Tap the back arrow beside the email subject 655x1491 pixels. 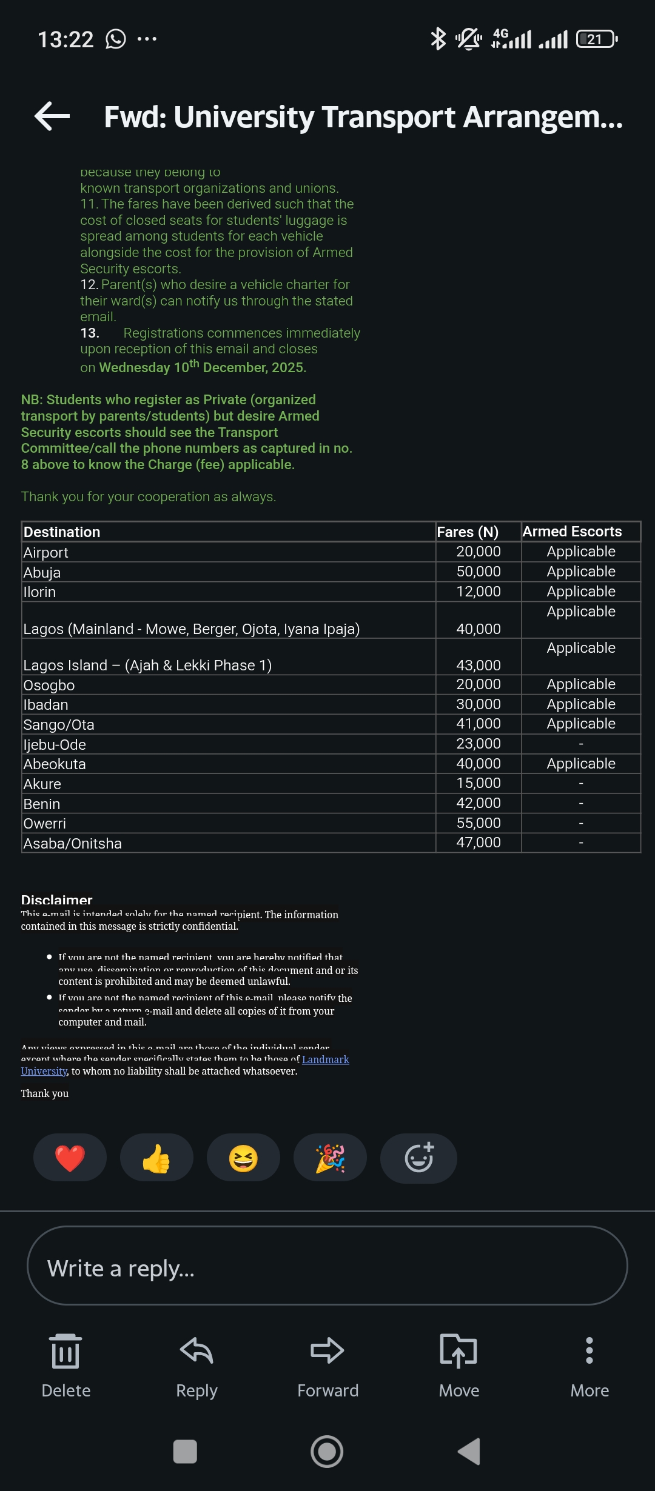(x=52, y=116)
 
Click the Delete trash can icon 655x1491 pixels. (x=65, y=1352)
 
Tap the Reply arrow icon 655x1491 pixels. (x=196, y=1350)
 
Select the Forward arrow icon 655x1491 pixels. (x=327, y=1350)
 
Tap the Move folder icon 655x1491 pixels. (x=458, y=1350)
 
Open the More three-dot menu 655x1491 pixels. (x=589, y=1350)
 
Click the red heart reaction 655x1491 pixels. (x=70, y=1158)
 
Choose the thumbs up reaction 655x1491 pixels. (x=156, y=1158)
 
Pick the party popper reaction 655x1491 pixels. (x=330, y=1158)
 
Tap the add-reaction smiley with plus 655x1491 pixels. (x=418, y=1158)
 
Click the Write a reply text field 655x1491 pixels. (x=327, y=1268)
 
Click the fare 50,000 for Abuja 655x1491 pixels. (x=478, y=572)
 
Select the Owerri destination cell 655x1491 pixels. (x=45, y=824)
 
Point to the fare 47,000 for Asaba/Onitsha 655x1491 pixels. (x=478, y=842)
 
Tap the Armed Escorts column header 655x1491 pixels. (x=572, y=532)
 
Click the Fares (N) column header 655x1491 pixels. (x=468, y=532)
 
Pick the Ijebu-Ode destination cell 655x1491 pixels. (x=55, y=745)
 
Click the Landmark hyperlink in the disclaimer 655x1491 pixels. (x=325, y=1059)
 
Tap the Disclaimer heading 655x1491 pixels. (x=56, y=900)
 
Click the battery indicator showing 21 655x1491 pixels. (x=596, y=39)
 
